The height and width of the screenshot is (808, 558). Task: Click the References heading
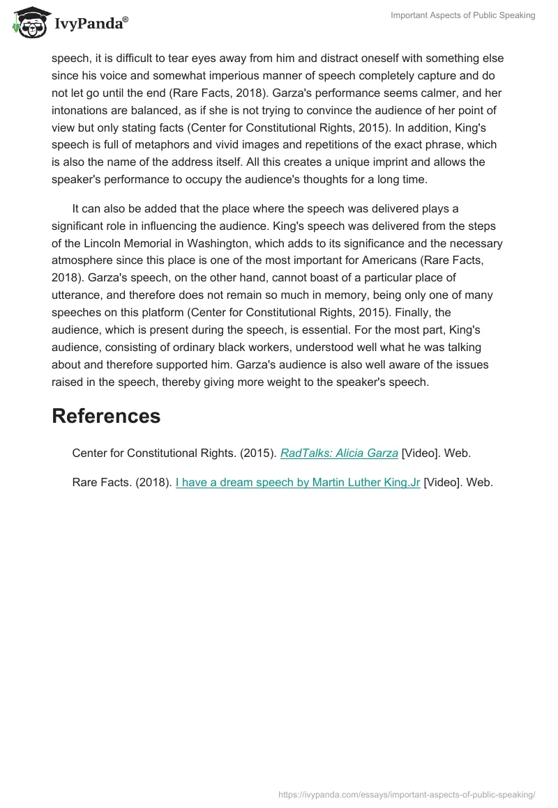point(106,416)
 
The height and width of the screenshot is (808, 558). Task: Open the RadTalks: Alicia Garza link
point(339,453)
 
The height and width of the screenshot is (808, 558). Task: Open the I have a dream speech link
point(298,481)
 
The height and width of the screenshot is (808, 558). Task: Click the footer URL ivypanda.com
point(406,793)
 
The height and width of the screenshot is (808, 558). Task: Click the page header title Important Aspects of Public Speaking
point(463,15)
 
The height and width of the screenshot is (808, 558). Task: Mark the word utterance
point(76,295)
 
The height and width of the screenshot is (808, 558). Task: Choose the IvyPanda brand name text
point(90,24)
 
